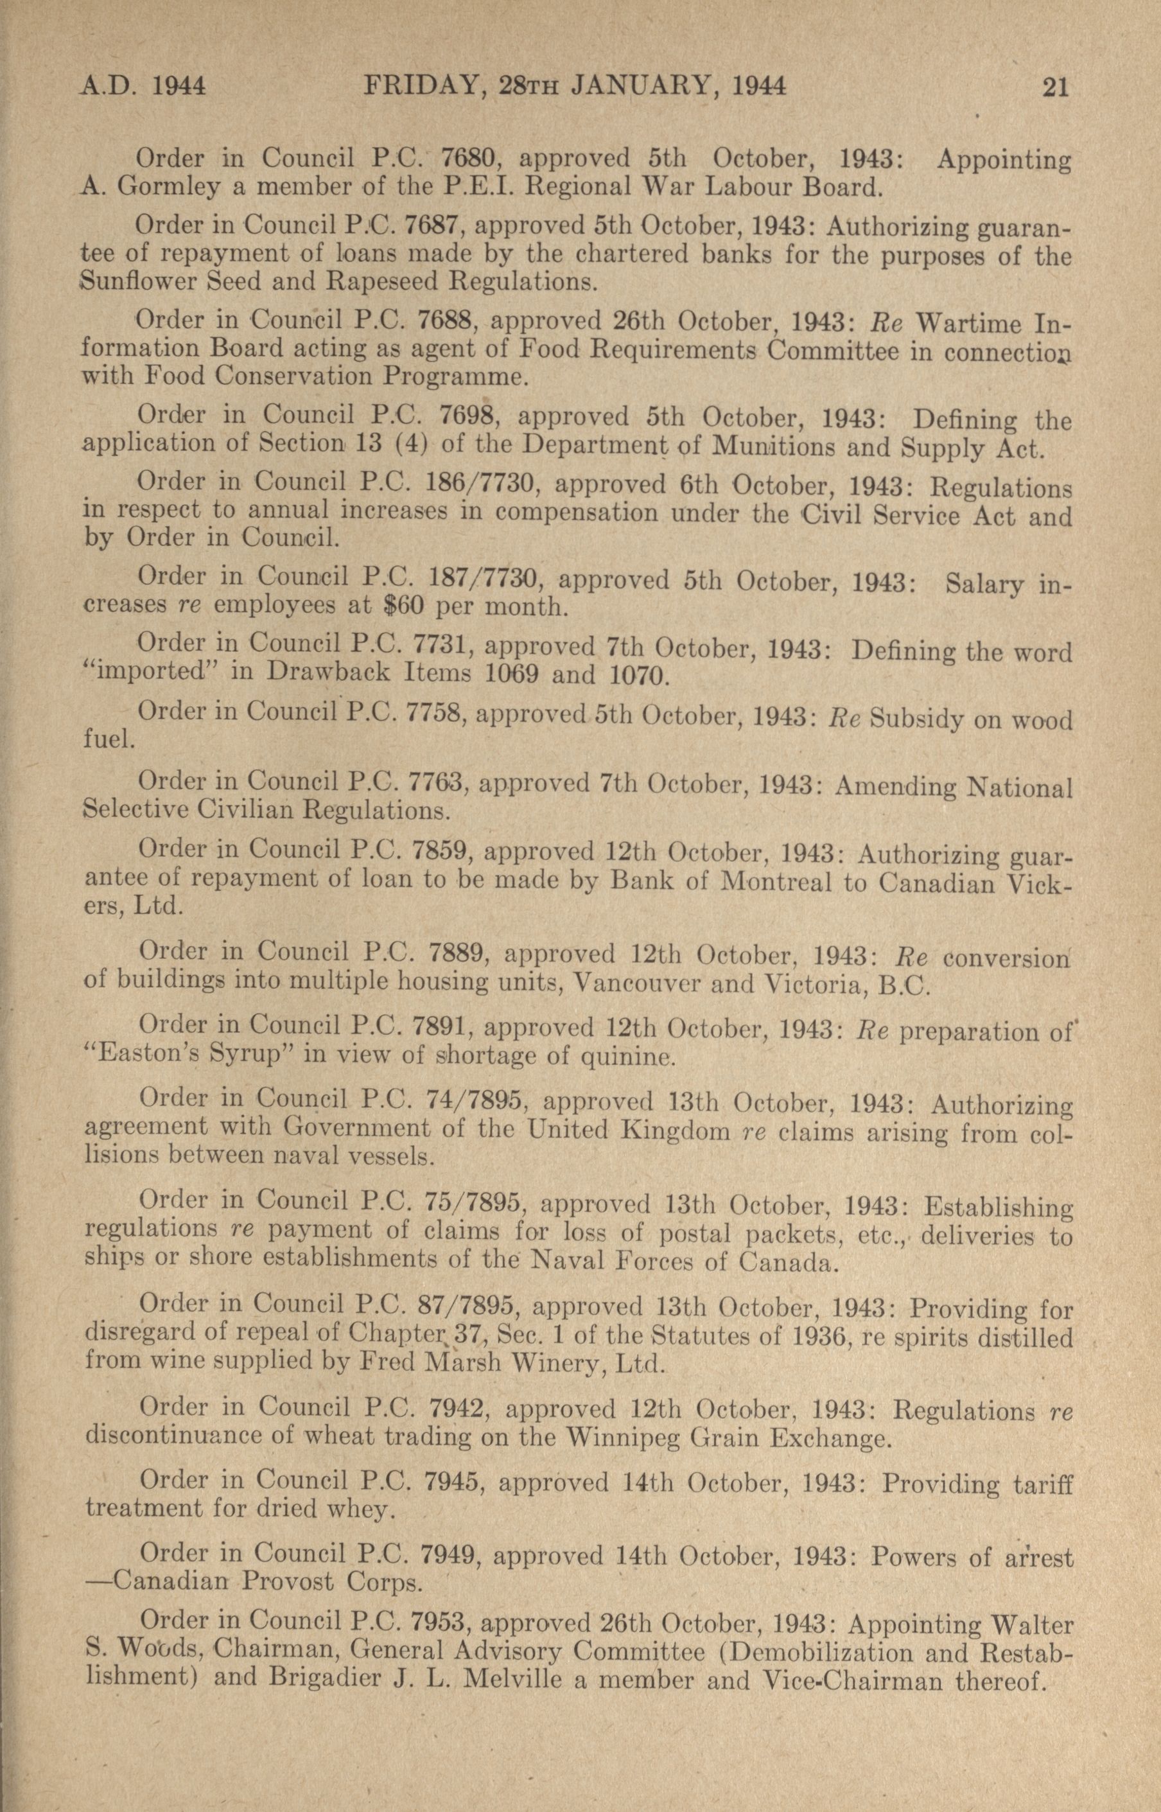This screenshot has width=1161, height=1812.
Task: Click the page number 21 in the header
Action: [1056, 88]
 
